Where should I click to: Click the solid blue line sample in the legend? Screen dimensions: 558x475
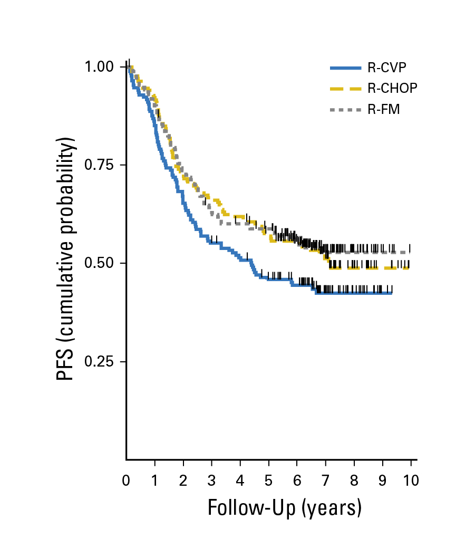(x=345, y=68)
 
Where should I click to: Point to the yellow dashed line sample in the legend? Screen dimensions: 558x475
(x=345, y=89)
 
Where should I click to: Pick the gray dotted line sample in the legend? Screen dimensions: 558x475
(x=345, y=110)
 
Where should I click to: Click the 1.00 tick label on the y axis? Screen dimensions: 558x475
(x=99, y=67)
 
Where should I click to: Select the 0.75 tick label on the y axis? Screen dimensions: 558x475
(x=99, y=165)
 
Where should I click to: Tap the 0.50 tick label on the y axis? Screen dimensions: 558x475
(x=99, y=263)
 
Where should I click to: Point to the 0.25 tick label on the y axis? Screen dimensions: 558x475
(x=99, y=362)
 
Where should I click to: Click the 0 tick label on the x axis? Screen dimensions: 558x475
(x=126, y=480)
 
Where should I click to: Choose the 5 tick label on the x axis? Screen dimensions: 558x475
(x=269, y=480)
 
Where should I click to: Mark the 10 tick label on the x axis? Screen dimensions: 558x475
(x=411, y=480)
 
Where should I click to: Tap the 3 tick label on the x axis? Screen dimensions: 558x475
(x=212, y=480)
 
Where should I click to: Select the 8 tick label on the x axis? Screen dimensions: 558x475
(x=354, y=480)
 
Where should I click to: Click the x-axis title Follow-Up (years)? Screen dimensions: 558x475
(x=285, y=507)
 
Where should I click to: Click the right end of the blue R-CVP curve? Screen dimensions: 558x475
(x=392, y=293)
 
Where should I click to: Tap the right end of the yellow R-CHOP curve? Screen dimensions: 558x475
(x=409, y=268)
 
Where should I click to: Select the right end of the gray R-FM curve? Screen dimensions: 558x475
(x=410, y=253)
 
